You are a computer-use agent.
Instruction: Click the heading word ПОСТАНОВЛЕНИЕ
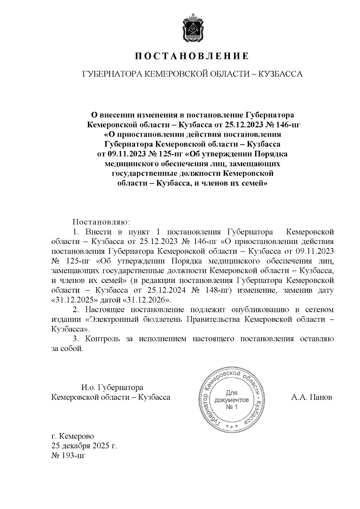192,56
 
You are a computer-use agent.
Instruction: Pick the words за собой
67,349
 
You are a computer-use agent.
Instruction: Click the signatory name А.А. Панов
311,397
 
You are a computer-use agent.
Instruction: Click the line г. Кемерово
72,436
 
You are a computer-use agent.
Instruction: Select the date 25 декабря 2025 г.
84,445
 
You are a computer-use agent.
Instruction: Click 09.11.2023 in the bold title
125,154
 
